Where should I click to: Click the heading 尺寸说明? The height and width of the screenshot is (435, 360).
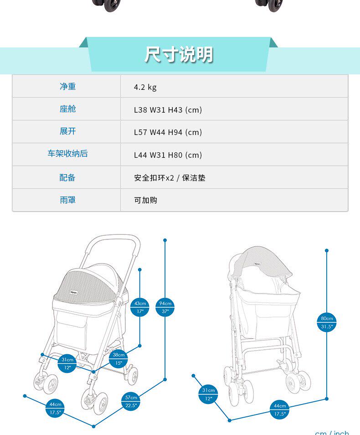point(179,55)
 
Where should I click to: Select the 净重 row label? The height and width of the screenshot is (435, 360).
point(67,87)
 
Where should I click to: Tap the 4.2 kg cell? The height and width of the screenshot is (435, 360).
point(145,87)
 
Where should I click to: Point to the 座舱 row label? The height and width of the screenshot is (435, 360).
point(67,109)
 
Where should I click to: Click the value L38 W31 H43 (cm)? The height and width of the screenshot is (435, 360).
point(168,110)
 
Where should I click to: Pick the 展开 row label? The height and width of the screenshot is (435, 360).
point(67,131)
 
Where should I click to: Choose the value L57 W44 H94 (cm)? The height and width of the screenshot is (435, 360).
point(168,132)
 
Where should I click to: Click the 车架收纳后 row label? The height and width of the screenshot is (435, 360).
point(67,154)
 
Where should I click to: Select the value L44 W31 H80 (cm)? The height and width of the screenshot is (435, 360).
point(168,155)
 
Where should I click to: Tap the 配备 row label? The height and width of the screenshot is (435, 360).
point(67,177)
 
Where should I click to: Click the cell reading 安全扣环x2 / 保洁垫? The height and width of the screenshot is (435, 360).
point(170,178)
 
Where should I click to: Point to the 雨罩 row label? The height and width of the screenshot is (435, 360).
point(67,200)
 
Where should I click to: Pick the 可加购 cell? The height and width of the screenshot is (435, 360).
point(145,200)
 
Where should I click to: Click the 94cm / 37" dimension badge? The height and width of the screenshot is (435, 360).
point(165,307)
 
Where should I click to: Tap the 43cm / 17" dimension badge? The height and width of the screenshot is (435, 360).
point(140,307)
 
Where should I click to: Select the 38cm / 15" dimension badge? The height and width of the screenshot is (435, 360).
point(118,359)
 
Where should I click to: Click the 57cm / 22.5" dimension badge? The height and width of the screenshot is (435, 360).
point(131,402)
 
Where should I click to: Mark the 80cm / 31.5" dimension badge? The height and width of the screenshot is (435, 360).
point(327,322)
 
